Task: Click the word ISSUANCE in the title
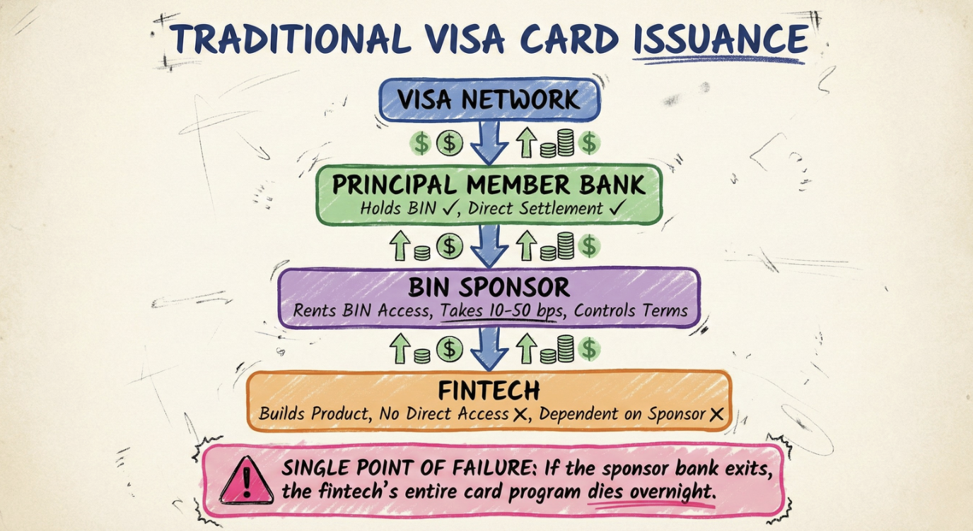(x=719, y=39)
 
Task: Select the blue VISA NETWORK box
(x=489, y=99)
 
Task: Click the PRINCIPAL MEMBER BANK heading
(x=489, y=185)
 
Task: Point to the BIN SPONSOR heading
(x=489, y=287)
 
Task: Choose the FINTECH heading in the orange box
(x=489, y=390)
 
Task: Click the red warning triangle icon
(x=246, y=481)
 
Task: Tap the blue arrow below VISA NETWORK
(x=489, y=143)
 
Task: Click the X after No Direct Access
(x=523, y=414)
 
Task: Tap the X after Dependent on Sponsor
(x=716, y=414)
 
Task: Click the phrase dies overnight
(x=648, y=491)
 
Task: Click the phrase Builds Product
(x=313, y=414)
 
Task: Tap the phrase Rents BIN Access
(x=356, y=311)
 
